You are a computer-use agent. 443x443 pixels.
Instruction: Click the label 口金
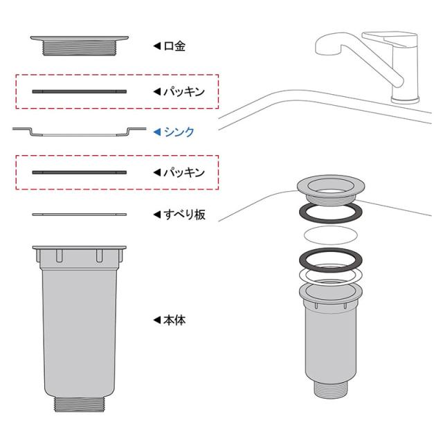tap(174, 46)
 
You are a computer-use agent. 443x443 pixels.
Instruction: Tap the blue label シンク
tap(179, 132)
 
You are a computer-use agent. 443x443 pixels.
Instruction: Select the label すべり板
tap(184, 215)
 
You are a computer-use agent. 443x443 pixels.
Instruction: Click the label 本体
tap(174, 320)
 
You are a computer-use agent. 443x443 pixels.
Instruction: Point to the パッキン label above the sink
tap(184, 91)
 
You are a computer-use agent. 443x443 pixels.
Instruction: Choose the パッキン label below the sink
tap(184, 172)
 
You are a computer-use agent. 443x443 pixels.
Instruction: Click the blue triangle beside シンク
tap(157, 132)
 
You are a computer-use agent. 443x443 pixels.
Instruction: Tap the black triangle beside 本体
tap(157, 320)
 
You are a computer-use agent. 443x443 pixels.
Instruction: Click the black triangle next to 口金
tap(157, 46)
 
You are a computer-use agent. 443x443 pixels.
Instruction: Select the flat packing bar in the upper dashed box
tap(80, 91)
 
